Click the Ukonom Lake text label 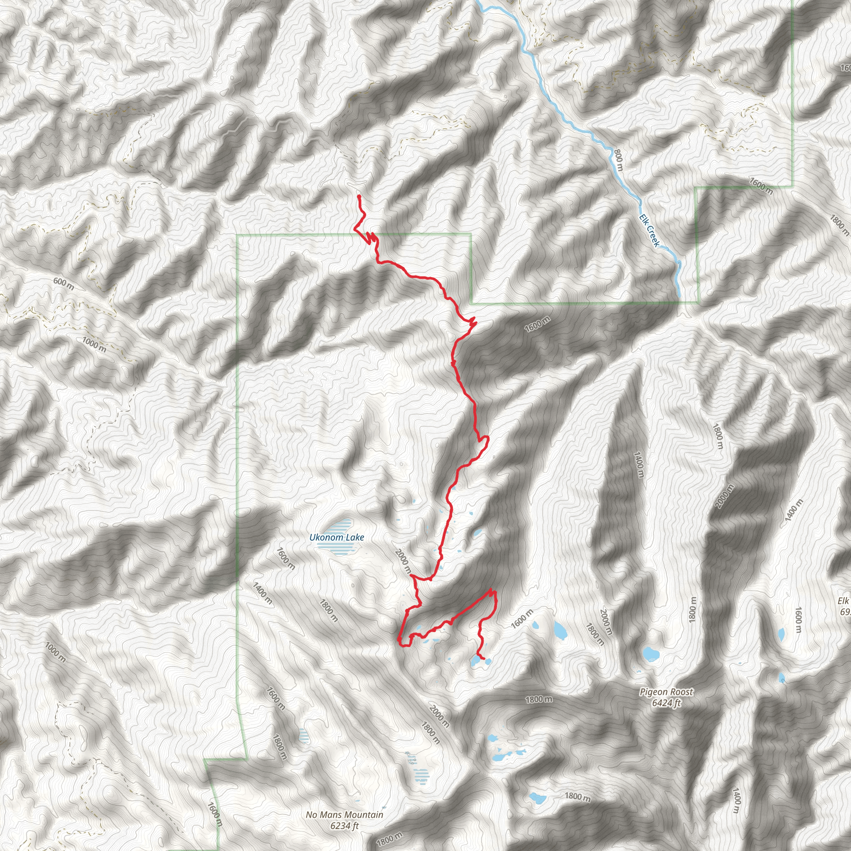337,537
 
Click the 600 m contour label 64,283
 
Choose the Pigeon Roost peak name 666,692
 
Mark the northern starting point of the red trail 359,196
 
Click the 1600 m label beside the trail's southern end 522,618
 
